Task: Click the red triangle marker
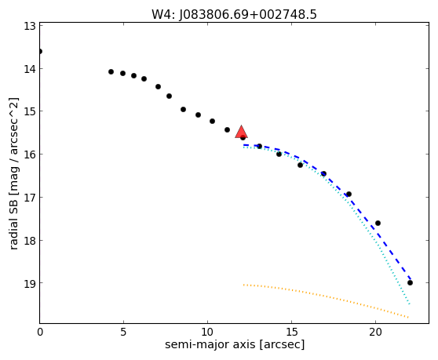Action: pyautogui.click(x=241, y=132)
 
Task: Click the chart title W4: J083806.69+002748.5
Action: pyautogui.click(x=234, y=15)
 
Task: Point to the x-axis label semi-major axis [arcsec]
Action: pyautogui.click(x=235, y=344)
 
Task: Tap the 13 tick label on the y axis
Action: pyautogui.click(x=30, y=26)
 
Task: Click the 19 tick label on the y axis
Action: pyautogui.click(x=30, y=283)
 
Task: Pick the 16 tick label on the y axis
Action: pyautogui.click(x=30, y=155)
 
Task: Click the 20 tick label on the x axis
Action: pyautogui.click(x=375, y=332)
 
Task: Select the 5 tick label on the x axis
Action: pyautogui.click(x=123, y=332)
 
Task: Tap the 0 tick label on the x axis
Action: pyautogui.click(x=40, y=332)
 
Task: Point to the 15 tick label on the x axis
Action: pyautogui.click(x=291, y=332)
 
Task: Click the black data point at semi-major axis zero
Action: pyautogui.click(x=40, y=51)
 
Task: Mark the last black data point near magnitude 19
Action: pyautogui.click(x=410, y=282)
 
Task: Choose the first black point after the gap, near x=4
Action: pyautogui.click(x=111, y=71)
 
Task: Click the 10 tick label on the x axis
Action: pyautogui.click(x=207, y=332)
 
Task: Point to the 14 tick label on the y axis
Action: pyautogui.click(x=30, y=69)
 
